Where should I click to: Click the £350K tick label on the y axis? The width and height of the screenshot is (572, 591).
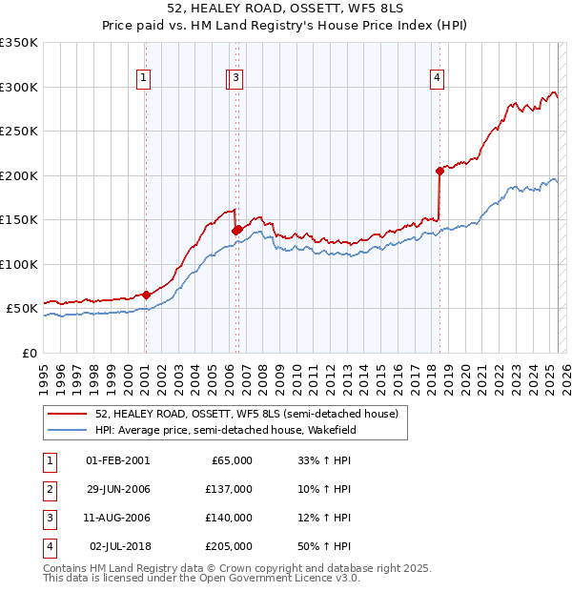pos(19,43)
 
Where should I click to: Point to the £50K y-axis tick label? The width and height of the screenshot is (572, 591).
pos(22,309)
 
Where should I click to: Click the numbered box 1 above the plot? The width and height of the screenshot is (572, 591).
pos(144,79)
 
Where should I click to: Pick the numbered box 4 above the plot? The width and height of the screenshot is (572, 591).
pos(437,79)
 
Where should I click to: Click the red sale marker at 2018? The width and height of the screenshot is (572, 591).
pos(439,171)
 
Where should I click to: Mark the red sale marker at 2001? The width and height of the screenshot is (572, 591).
pos(146,295)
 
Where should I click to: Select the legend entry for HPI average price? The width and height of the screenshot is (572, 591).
pos(225,430)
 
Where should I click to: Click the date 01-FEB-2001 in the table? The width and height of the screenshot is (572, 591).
pos(118,460)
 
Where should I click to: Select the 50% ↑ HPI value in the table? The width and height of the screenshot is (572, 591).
pos(325,546)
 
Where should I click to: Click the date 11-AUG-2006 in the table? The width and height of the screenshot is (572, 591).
pos(118,518)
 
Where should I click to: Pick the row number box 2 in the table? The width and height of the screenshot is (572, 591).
pos(48,489)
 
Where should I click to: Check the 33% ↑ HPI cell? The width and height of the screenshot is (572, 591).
pos(325,460)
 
